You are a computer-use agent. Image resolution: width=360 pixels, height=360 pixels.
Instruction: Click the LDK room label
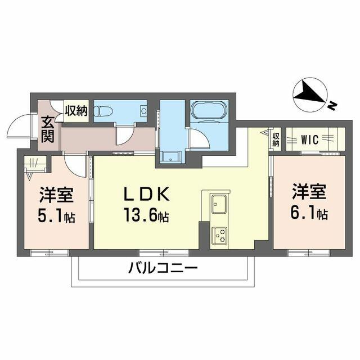click(x=147, y=193)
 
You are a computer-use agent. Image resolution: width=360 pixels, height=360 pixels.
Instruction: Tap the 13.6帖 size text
click(x=146, y=215)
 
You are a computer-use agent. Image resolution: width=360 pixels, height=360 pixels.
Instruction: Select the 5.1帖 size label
click(x=56, y=217)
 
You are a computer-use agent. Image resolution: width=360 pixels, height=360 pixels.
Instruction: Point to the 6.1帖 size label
click(x=309, y=213)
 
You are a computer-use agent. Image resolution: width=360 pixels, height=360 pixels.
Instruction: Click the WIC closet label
click(x=309, y=139)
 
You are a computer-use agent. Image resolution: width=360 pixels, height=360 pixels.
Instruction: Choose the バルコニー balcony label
click(x=163, y=268)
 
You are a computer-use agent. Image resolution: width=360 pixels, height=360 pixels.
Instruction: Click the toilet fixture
click(x=103, y=111)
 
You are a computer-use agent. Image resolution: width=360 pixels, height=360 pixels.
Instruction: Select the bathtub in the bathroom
click(x=209, y=110)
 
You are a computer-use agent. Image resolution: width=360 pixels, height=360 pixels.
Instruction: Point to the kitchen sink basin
click(x=219, y=204)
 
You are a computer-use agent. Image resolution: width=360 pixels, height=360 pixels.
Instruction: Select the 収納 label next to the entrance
click(x=76, y=111)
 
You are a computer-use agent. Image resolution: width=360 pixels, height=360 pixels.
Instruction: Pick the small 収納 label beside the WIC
click(x=276, y=139)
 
